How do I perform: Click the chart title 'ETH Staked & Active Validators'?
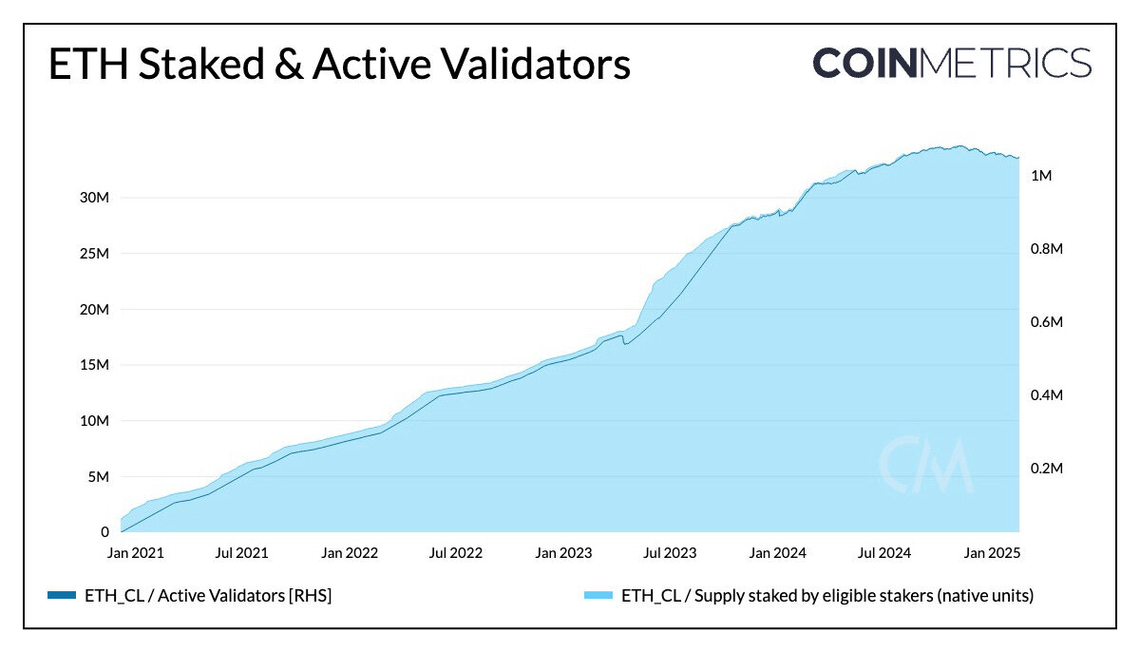coord(338,66)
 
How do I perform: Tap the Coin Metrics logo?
coord(952,63)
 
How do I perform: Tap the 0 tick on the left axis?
coord(105,532)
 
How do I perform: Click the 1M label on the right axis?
coord(1041,176)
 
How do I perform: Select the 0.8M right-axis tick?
coord(1046,249)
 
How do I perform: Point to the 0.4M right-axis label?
coord(1046,395)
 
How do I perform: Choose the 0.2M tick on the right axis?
coord(1046,469)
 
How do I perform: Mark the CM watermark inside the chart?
coord(924,465)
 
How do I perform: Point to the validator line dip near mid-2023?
coord(624,343)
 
